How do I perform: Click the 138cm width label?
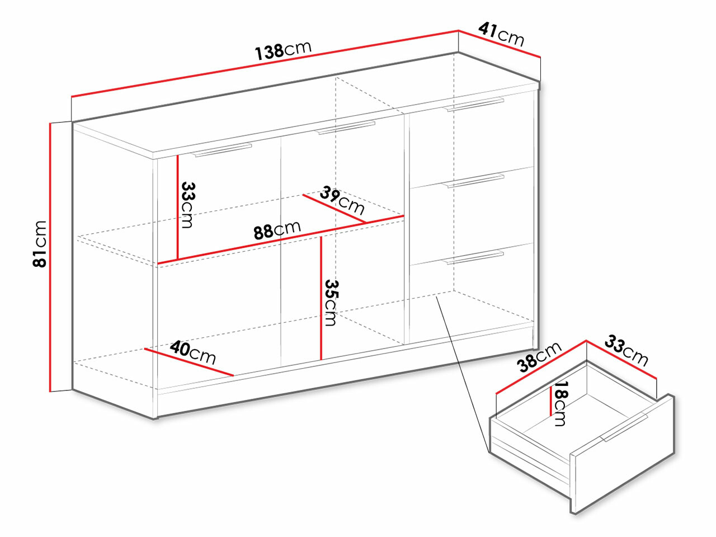pyautogui.click(x=283, y=51)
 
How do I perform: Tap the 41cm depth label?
pyautogui.click(x=501, y=35)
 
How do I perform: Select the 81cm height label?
pyautogui.click(x=40, y=244)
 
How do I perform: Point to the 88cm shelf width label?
pyautogui.click(x=277, y=230)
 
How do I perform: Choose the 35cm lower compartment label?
pyautogui.click(x=331, y=303)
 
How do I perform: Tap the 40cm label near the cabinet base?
pyautogui.click(x=193, y=352)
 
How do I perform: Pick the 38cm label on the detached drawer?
pyautogui.click(x=539, y=357)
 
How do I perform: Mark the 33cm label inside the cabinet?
pyautogui.click(x=188, y=205)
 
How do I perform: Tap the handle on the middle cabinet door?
pyautogui.click(x=345, y=128)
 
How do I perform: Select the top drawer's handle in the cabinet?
pyautogui.click(x=474, y=105)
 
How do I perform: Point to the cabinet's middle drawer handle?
pyautogui.click(x=474, y=181)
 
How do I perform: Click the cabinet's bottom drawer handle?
pyautogui.click(x=474, y=257)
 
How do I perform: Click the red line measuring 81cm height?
pyautogui.click(x=50, y=257)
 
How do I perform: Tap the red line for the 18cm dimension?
pyautogui.click(x=551, y=401)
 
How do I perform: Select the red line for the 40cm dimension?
pyautogui.click(x=189, y=362)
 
